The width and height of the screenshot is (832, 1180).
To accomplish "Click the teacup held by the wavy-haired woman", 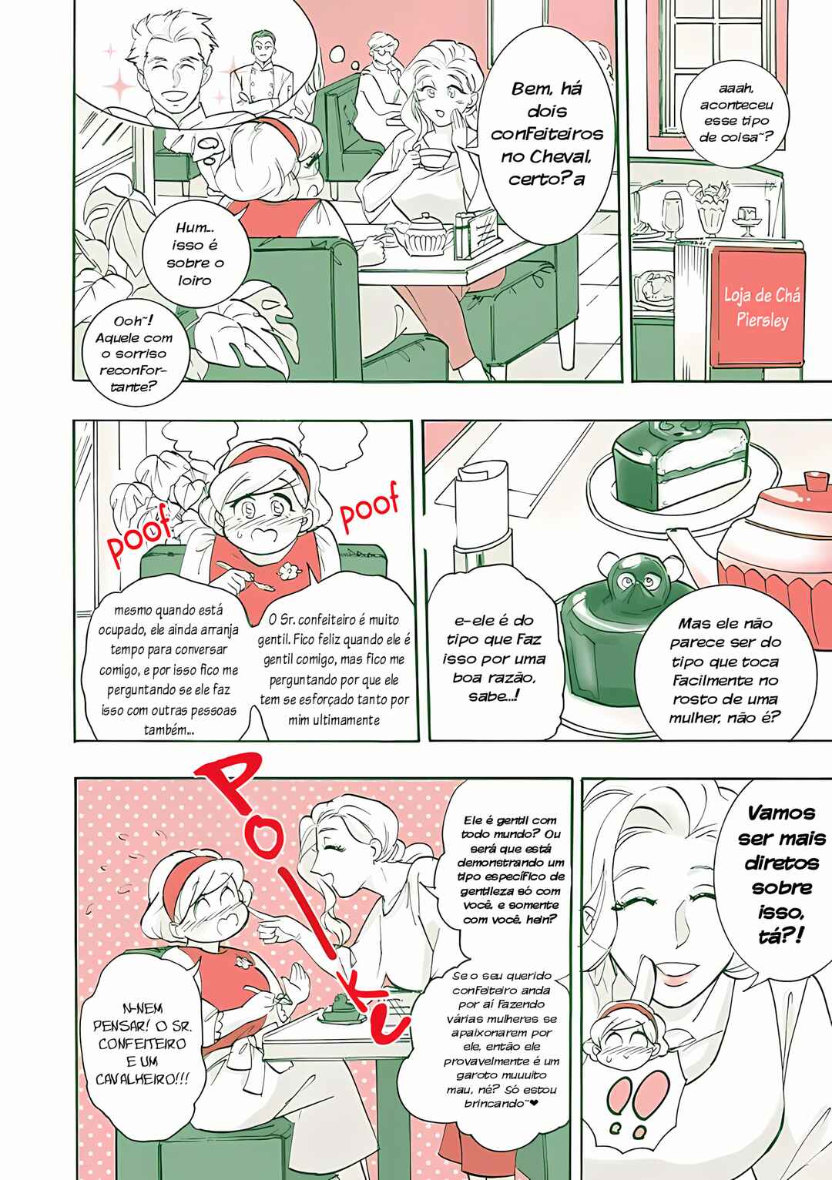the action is click(x=433, y=156).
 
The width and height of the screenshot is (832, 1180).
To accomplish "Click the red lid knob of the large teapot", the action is click(x=816, y=481).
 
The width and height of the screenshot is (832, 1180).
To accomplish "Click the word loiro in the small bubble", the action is click(x=194, y=280).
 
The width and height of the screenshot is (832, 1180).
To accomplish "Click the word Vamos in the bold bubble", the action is click(x=781, y=814).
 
